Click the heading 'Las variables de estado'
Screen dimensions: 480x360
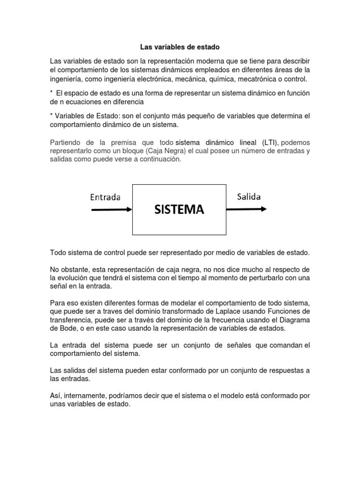click(x=180, y=47)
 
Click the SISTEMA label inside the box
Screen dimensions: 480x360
click(x=180, y=209)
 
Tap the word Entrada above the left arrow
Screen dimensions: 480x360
click(x=105, y=197)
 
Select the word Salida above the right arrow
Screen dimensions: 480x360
click(x=249, y=196)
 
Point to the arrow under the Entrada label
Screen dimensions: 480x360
click(x=111, y=210)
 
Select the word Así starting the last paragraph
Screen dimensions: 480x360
click(x=56, y=396)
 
